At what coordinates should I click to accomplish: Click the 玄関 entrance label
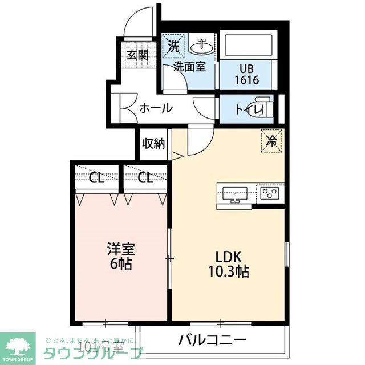137,55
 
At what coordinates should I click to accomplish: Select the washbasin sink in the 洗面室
201,45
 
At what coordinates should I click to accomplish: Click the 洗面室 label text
189,66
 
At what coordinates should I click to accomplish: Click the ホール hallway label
156,108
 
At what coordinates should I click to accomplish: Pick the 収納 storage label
153,143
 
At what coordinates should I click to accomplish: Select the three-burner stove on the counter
270,193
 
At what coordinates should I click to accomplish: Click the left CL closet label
97,178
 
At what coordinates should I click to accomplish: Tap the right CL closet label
145,178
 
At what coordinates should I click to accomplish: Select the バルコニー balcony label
212,340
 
